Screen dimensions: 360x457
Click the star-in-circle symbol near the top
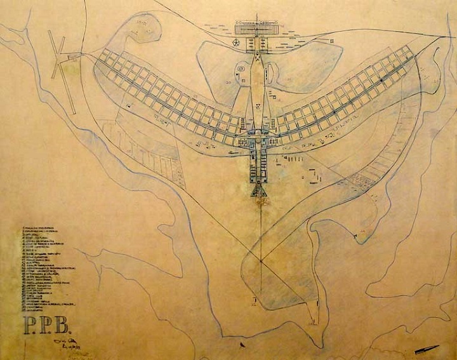pyautogui.click(x=236, y=43)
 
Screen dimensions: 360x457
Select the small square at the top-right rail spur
pyautogui.click(x=330, y=40)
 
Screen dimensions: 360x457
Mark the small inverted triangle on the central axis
pyautogui.click(x=258, y=105)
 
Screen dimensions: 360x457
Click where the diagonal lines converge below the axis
pyautogui.click(x=261, y=260)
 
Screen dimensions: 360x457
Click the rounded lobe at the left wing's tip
pyautogui.click(x=143, y=29)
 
